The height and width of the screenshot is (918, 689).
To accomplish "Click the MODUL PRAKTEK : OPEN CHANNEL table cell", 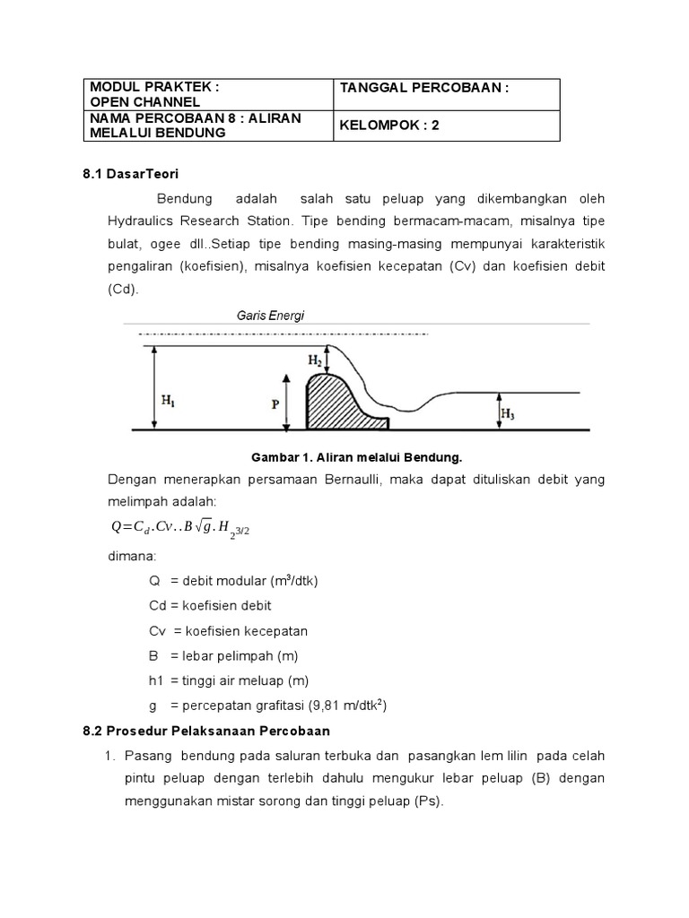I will (x=206, y=94).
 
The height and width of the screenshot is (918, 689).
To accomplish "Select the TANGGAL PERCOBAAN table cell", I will (x=446, y=94).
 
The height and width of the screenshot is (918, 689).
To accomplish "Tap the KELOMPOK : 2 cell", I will (x=446, y=126).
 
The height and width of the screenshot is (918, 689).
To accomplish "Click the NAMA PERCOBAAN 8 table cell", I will (x=206, y=126).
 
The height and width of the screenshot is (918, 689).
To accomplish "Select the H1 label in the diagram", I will (x=169, y=403).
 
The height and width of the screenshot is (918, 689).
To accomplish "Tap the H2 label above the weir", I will (x=316, y=360).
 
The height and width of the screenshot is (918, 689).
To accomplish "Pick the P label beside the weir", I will (x=275, y=404).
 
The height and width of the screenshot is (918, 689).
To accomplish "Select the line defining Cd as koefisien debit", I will (x=210, y=605).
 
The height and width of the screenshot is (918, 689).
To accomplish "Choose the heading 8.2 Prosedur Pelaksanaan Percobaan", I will (x=206, y=730).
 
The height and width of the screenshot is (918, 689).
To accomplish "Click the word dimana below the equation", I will (x=132, y=556).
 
